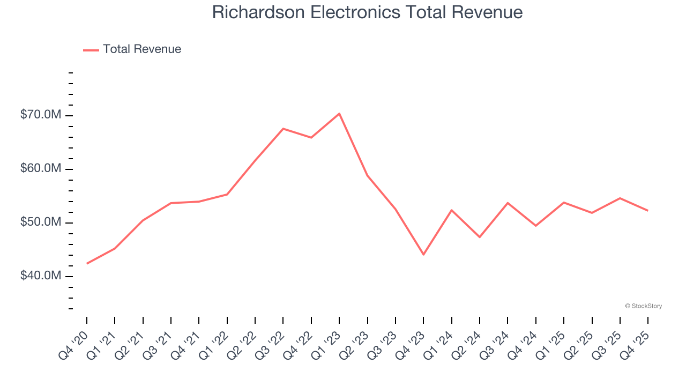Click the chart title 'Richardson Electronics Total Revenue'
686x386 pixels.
(x=367, y=12)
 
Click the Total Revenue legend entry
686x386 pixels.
(x=132, y=49)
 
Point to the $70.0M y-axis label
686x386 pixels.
(x=41, y=115)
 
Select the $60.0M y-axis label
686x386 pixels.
(x=41, y=169)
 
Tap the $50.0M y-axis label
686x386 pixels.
(x=41, y=222)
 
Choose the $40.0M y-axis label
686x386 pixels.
(x=41, y=276)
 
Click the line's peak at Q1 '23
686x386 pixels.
(x=339, y=114)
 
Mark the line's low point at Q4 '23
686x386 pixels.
(x=423, y=254)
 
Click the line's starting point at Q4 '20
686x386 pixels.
(x=87, y=263)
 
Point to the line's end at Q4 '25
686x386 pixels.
(x=648, y=210)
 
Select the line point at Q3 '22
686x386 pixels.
(x=283, y=129)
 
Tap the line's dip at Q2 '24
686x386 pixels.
(x=480, y=237)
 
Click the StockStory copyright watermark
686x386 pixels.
(x=643, y=306)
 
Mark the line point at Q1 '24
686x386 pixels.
(x=452, y=210)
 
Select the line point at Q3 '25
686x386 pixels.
(x=620, y=198)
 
